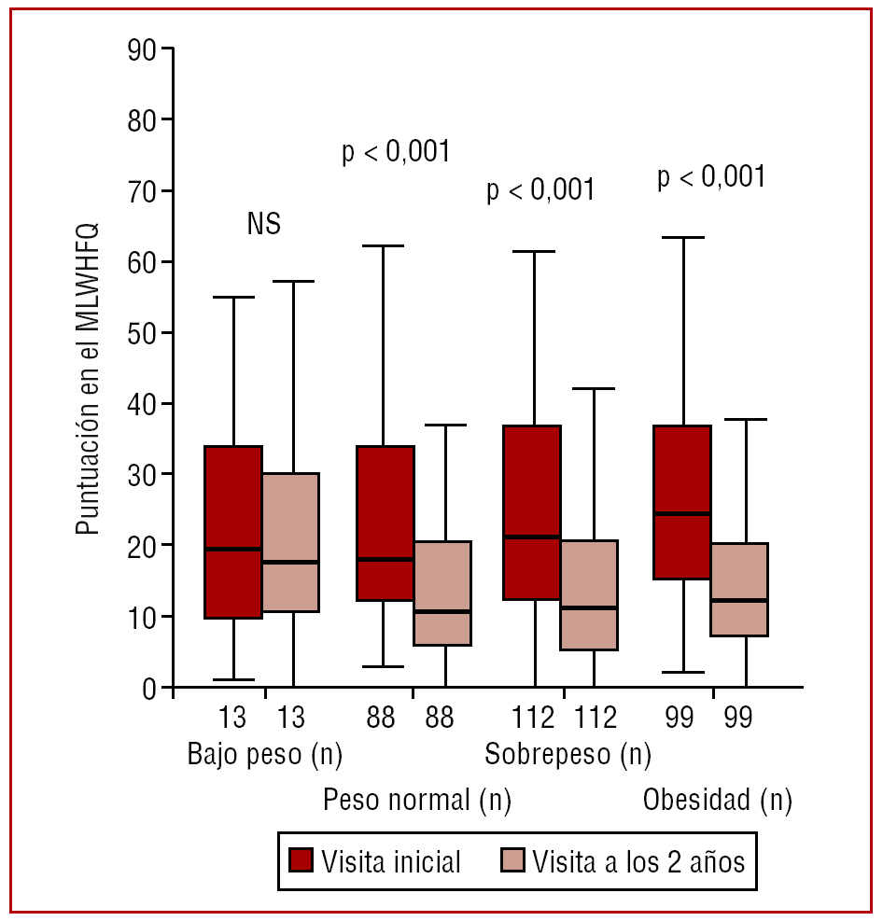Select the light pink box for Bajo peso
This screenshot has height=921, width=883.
pyautogui.click(x=290, y=542)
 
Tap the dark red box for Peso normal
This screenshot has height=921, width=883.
pyautogui.click(x=385, y=523)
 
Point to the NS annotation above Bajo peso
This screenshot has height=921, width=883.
pyautogui.click(x=263, y=225)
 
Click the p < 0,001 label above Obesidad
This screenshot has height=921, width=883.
pyautogui.click(x=712, y=177)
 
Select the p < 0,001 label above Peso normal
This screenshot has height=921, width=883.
pyautogui.click(x=396, y=151)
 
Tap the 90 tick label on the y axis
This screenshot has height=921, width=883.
pyautogui.click(x=143, y=49)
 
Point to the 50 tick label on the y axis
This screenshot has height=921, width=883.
pyautogui.click(x=143, y=333)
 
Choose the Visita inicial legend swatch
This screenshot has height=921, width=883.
pyautogui.click(x=301, y=860)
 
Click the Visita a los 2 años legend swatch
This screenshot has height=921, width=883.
pyautogui.click(x=513, y=860)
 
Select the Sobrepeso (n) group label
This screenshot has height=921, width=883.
pyautogui.click(x=568, y=754)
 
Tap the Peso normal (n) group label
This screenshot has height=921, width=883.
pyautogui.click(x=417, y=801)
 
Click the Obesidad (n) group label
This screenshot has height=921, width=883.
pyautogui.click(x=718, y=801)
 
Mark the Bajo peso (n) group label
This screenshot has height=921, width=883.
pyautogui.click(x=264, y=754)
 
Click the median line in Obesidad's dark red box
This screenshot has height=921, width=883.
pyautogui.click(x=682, y=513)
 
